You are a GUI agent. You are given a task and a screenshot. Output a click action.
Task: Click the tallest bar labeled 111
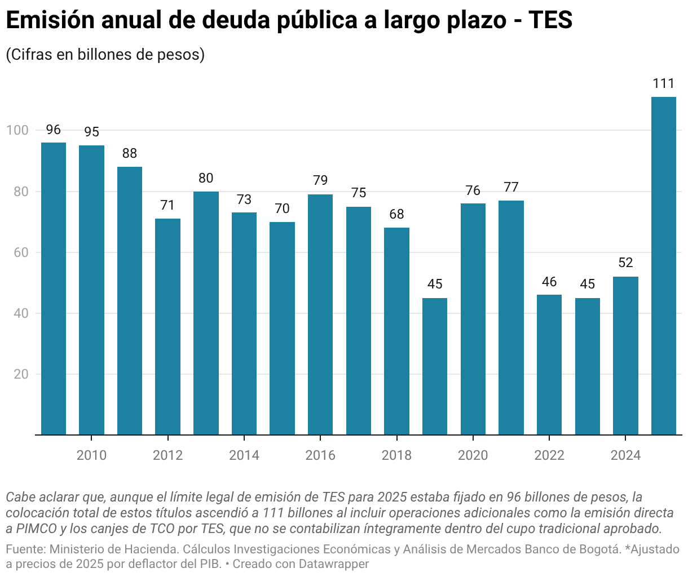[x=663, y=265]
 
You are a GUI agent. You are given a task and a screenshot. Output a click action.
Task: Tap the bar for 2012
[x=167, y=327]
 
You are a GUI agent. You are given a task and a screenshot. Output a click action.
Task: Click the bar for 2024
[x=625, y=356]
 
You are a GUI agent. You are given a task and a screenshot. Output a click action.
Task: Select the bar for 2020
[x=473, y=319]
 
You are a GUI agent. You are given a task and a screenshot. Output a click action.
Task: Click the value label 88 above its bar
[x=130, y=153]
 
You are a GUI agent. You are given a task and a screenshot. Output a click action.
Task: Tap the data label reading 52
[x=625, y=263]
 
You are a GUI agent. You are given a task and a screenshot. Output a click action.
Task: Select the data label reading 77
[x=511, y=187]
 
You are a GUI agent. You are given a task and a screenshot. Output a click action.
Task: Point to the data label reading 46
[x=549, y=282]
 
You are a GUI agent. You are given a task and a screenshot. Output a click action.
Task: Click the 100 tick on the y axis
[x=17, y=130]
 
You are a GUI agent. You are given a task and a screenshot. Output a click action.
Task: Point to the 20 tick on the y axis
[x=20, y=374]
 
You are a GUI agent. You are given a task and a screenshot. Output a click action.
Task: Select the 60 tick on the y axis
[x=20, y=252]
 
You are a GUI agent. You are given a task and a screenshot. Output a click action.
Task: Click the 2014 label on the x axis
[x=244, y=455]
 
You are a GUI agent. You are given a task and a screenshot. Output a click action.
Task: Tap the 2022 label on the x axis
[x=549, y=455]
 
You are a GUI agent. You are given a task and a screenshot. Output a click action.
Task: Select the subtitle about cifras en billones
[x=105, y=55]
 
